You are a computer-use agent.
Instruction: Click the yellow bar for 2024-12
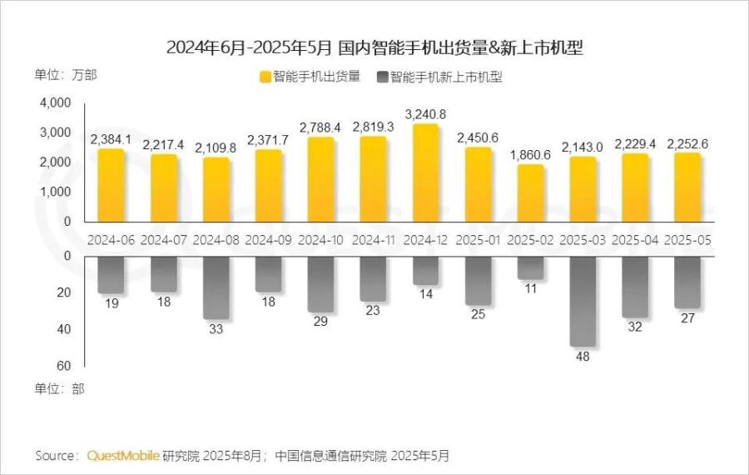click(x=425, y=173)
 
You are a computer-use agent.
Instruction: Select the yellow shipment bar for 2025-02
click(x=530, y=193)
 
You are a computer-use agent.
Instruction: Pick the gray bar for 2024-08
click(x=216, y=287)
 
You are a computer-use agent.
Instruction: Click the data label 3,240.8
click(x=425, y=113)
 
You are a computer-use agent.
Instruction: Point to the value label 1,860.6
click(x=530, y=154)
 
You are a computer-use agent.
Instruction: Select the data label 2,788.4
click(x=320, y=127)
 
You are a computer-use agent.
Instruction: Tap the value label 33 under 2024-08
click(x=216, y=328)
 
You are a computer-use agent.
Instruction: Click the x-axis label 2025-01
click(x=478, y=239)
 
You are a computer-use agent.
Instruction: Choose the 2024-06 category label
click(x=112, y=239)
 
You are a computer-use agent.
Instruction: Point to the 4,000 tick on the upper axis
click(x=56, y=103)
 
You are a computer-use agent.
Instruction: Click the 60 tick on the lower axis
click(x=64, y=366)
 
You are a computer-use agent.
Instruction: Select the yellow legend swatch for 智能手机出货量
click(x=265, y=77)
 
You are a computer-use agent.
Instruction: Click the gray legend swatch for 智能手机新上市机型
click(x=382, y=77)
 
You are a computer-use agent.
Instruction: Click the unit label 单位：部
click(x=59, y=388)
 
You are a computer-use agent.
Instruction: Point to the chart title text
click(x=374, y=47)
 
